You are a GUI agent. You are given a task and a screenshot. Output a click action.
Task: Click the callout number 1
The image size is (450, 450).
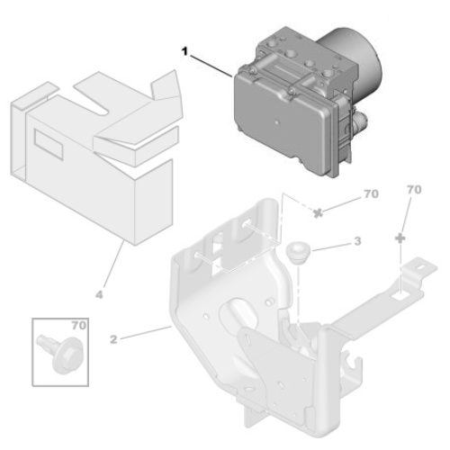[184, 52]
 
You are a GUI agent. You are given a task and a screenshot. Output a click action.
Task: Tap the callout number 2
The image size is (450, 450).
[114, 340]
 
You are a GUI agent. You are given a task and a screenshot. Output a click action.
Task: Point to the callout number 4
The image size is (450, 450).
[101, 292]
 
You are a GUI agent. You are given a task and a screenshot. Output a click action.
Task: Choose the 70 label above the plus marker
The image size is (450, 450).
[414, 191]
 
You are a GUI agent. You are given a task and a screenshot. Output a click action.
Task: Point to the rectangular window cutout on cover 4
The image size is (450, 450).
[45, 138]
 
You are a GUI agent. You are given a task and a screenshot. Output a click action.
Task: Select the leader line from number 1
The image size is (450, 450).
[216, 66]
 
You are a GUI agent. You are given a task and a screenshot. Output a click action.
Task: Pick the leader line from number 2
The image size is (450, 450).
[144, 334]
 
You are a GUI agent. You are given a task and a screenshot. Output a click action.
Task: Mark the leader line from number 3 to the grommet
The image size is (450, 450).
[328, 245]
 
